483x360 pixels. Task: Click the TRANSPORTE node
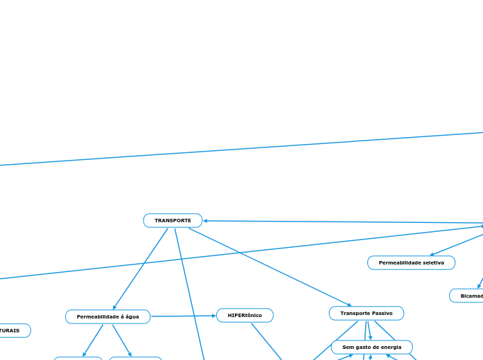point(173,221)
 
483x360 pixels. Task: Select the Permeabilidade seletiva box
point(411,263)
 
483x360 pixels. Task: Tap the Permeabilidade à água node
point(107,317)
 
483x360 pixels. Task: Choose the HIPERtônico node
point(245,316)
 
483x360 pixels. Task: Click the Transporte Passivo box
point(366,314)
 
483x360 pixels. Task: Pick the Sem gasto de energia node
point(371,347)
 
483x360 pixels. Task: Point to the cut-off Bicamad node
point(466,296)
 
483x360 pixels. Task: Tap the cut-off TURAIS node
point(14,331)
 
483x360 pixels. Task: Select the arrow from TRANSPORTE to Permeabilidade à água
point(141,269)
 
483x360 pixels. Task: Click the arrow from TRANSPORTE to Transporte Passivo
point(270,267)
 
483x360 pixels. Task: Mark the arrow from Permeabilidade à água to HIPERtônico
point(184,316)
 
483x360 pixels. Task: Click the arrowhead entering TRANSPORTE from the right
point(206,221)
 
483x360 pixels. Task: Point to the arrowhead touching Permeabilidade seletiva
point(432,255)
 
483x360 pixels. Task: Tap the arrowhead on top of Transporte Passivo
point(350,305)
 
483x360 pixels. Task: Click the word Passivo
point(380,314)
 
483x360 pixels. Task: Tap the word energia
point(391,347)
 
